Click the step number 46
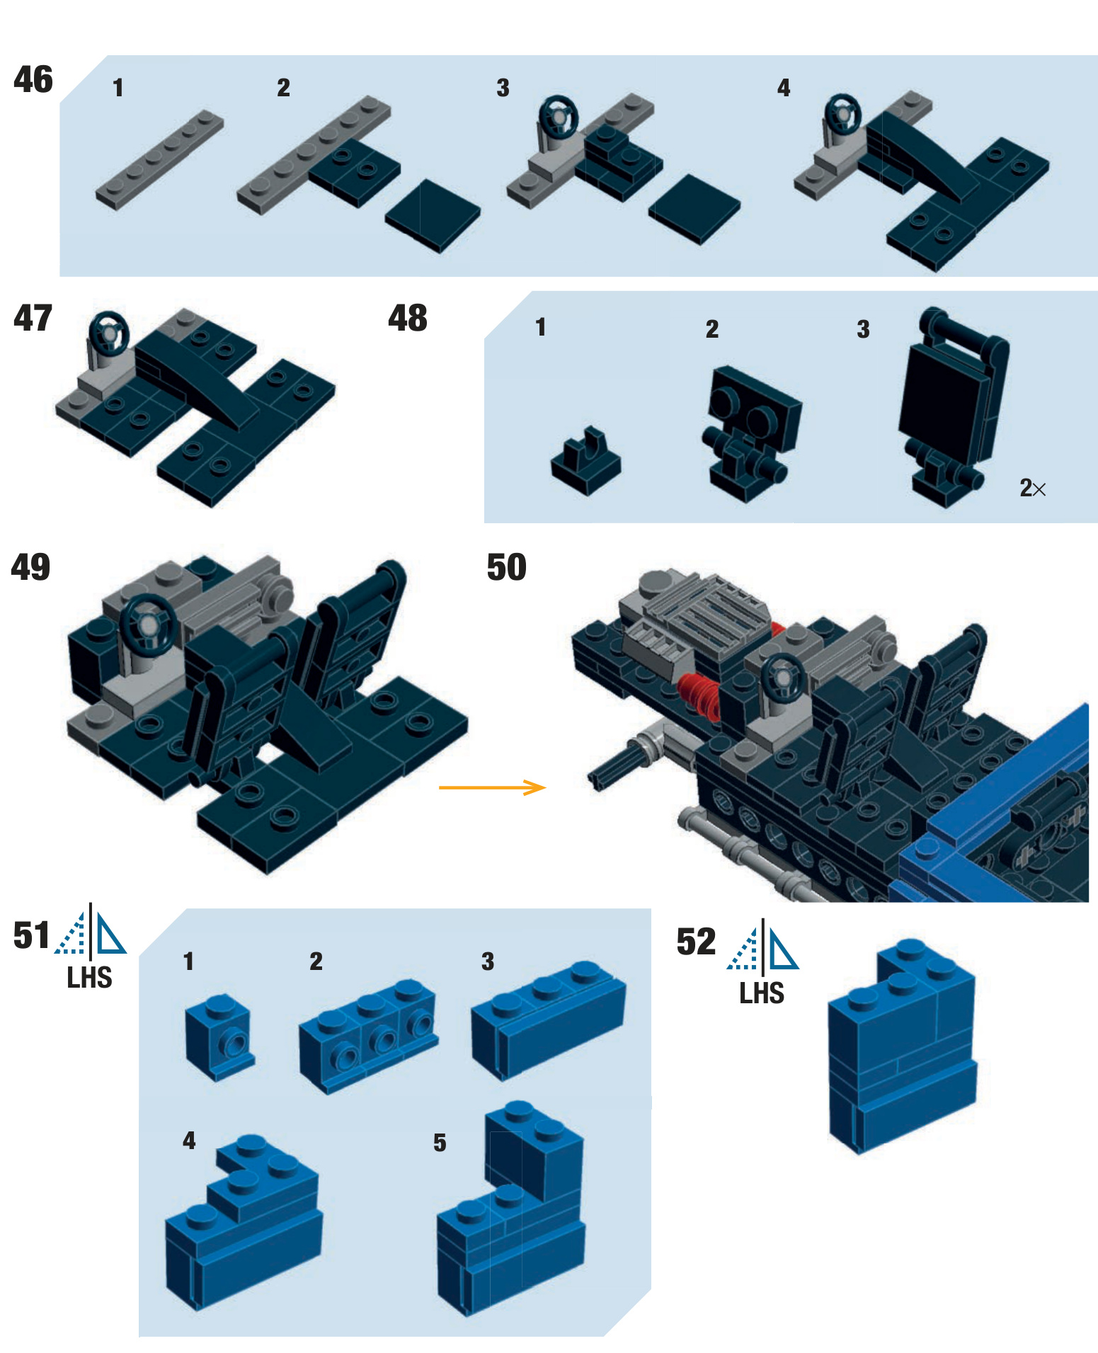33,79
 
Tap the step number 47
33,318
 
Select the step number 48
407,318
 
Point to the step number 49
30,567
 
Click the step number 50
506,567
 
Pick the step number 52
696,942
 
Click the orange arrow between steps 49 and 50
492,787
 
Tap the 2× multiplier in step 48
1032,488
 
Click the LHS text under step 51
89,978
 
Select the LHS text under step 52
762,993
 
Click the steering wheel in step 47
109,331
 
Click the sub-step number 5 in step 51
440,1143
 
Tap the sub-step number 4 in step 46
783,88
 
